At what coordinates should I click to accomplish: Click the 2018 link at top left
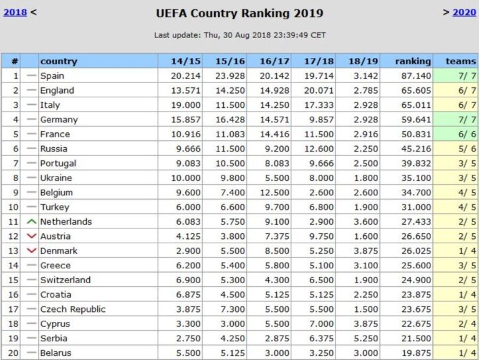pyautogui.click(x=15, y=12)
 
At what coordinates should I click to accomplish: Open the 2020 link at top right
pyautogui.click(x=464, y=12)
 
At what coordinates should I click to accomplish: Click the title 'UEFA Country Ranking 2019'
pyautogui.click(x=239, y=13)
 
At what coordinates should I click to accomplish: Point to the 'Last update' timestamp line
pyautogui.click(x=239, y=35)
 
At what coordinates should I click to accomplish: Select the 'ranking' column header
pyautogui.click(x=413, y=61)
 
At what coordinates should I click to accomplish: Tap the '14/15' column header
pyautogui.click(x=186, y=61)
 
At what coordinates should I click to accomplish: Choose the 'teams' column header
pyautogui.click(x=461, y=61)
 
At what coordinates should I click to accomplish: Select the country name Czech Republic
pyautogui.click(x=72, y=309)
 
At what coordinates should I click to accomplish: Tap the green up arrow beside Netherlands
pyautogui.click(x=32, y=221)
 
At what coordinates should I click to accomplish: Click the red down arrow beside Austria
pyautogui.click(x=32, y=236)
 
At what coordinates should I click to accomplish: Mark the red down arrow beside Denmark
pyautogui.click(x=32, y=251)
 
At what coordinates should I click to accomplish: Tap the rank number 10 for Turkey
pyautogui.click(x=14, y=207)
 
